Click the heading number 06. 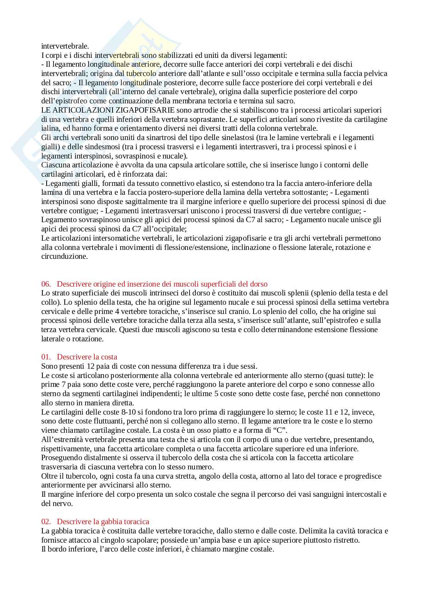[46, 284]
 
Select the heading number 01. [46, 357]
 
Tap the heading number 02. [46, 521]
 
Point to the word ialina [50, 128]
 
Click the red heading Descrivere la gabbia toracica [103, 521]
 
